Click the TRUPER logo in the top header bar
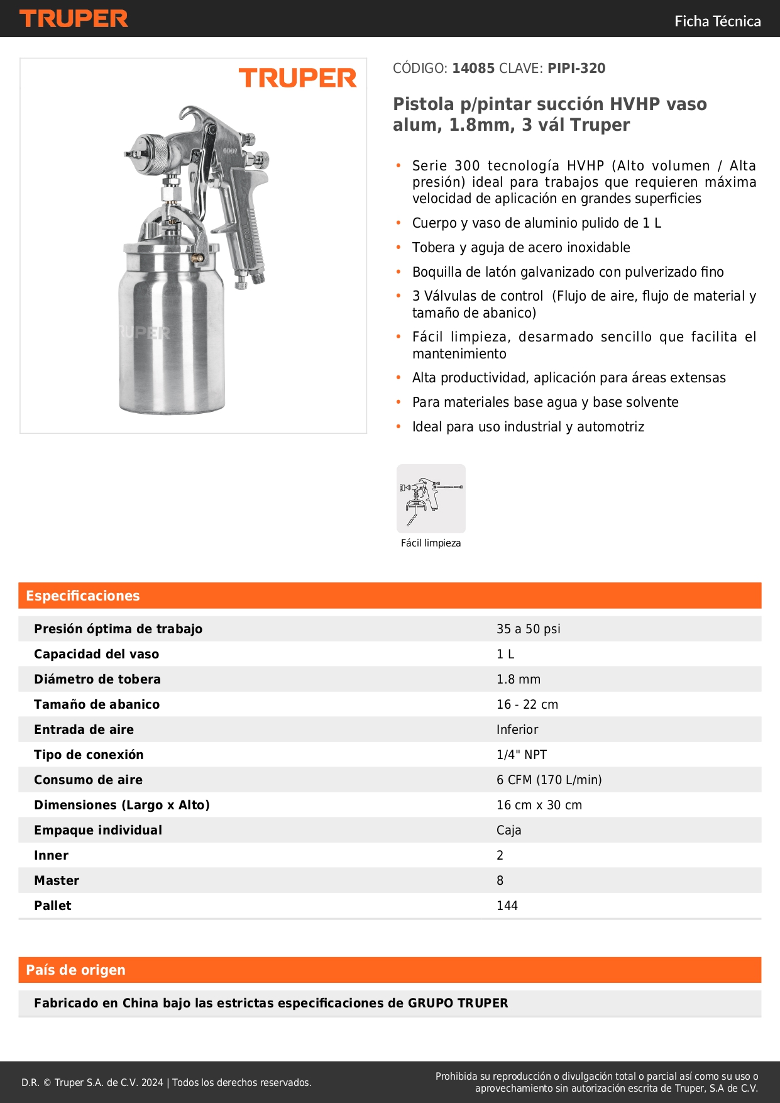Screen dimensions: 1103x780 74,19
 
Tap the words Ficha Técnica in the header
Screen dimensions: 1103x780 717,21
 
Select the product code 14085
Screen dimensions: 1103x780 473,69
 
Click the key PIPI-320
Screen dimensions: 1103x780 576,69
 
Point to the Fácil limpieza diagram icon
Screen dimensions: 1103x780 431,499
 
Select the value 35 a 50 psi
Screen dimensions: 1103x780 528,629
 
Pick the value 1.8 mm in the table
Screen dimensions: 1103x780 518,679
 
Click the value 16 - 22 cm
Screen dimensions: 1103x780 527,704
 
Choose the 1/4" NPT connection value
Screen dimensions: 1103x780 521,755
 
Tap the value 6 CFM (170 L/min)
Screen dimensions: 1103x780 549,780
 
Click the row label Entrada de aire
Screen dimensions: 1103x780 84,729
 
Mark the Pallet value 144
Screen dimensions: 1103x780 507,906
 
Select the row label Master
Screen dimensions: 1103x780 57,880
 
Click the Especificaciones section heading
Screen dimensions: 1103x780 82,596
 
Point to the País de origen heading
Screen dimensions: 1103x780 75,970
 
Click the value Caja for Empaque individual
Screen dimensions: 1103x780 508,830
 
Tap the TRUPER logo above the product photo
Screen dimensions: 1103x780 297,78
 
